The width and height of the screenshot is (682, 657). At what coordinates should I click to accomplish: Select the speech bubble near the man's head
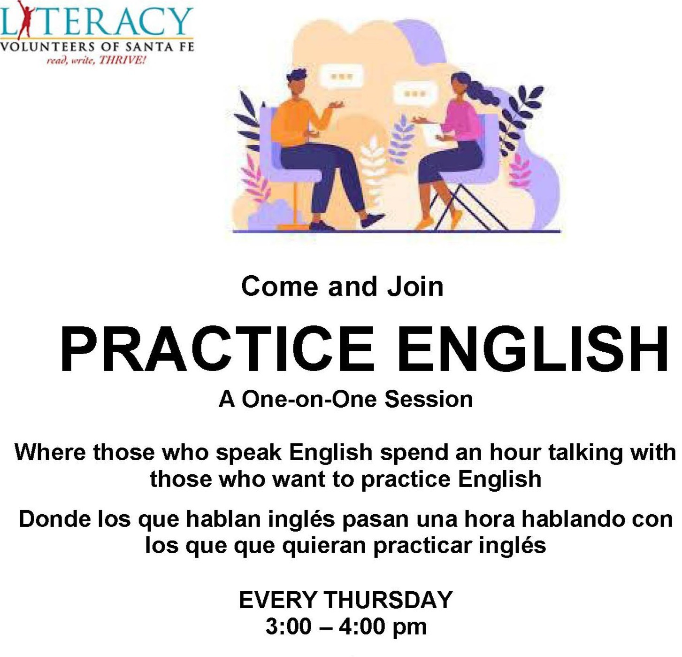341,76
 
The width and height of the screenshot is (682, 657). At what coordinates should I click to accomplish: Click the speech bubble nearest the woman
415,94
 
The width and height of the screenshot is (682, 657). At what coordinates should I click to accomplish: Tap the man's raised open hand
334,104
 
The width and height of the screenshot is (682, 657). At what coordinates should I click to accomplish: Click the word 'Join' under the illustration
415,287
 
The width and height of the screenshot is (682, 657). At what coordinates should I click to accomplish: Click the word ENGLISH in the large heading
532,349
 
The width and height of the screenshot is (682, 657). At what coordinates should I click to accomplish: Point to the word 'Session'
429,399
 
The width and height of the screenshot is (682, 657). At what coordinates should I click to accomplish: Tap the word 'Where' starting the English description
50,452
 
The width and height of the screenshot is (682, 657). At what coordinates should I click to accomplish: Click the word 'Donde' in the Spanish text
54,519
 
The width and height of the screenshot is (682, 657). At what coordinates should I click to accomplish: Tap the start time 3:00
289,627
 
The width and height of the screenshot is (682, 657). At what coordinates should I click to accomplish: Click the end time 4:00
361,627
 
